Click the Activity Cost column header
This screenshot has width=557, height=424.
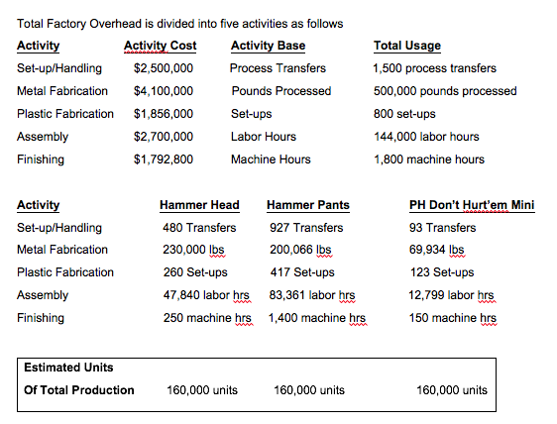pos(160,46)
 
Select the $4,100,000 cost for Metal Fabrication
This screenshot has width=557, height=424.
pos(164,91)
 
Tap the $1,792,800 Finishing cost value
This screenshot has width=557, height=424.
pos(164,159)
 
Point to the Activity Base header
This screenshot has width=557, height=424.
pos(268,46)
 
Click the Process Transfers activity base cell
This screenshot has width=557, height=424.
pos(278,68)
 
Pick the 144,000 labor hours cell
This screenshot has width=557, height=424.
pos(425,137)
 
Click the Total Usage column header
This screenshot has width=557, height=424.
pos(406,46)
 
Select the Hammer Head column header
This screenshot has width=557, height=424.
pos(199,205)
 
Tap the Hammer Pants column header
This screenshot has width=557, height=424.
pos(307,205)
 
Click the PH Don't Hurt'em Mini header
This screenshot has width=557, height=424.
pos(471,205)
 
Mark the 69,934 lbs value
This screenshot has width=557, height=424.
pos(436,250)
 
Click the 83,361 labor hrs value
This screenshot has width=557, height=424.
pos(312,295)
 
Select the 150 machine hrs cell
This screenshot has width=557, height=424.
pos(452,318)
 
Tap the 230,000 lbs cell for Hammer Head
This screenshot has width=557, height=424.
pos(195,250)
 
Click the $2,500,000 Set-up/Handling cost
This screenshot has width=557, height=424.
pos(164,68)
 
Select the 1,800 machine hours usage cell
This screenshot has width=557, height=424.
pos(428,159)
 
